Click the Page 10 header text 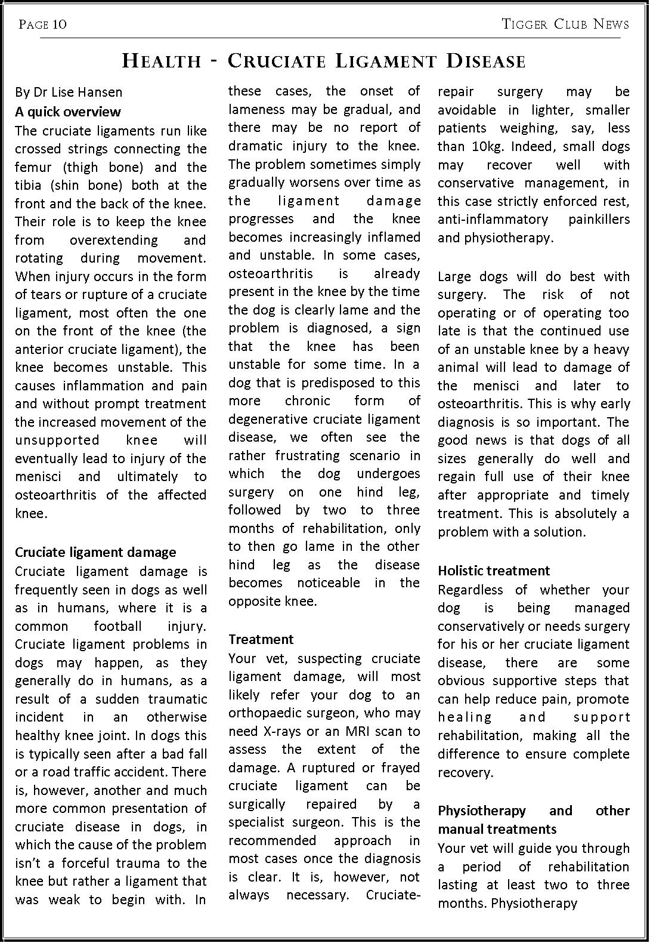coord(42,24)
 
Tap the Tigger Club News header coord(565,24)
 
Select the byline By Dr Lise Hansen coord(69,92)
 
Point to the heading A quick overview coord(67,112)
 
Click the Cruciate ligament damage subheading coord(95,552)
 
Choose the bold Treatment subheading coord(261,639)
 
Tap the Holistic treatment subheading coord(494,571)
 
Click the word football coord(117,626)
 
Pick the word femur coord(32,167)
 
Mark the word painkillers coord(599,219)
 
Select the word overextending coord(113,240)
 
